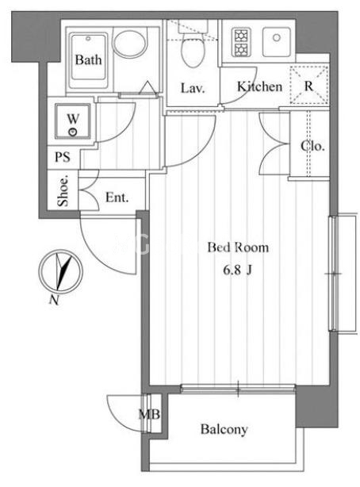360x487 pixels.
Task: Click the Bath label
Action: [89, 59]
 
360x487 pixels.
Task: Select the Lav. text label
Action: [193, 88]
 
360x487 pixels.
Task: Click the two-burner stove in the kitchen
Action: [240, 43]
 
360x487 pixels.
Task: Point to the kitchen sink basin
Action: [277, 42]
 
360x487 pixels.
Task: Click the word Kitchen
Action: [259, 86]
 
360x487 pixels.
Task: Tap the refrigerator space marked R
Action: [308, 85]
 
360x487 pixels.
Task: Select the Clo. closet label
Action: [312, 146]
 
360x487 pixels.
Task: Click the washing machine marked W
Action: [73, 121]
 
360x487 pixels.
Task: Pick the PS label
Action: [63, 157]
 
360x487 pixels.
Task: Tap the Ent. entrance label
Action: [117, 197]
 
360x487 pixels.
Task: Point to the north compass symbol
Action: [60, 271]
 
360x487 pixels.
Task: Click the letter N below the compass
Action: [54, 300]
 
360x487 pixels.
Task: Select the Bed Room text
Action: [238, 247]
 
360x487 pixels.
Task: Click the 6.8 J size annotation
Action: [237, 270]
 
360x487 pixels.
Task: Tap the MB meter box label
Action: [149, 414]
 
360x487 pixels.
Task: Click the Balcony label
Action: [224, 430]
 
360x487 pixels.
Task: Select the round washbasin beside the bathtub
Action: [130, 43]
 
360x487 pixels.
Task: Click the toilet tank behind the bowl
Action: [193, 26]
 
